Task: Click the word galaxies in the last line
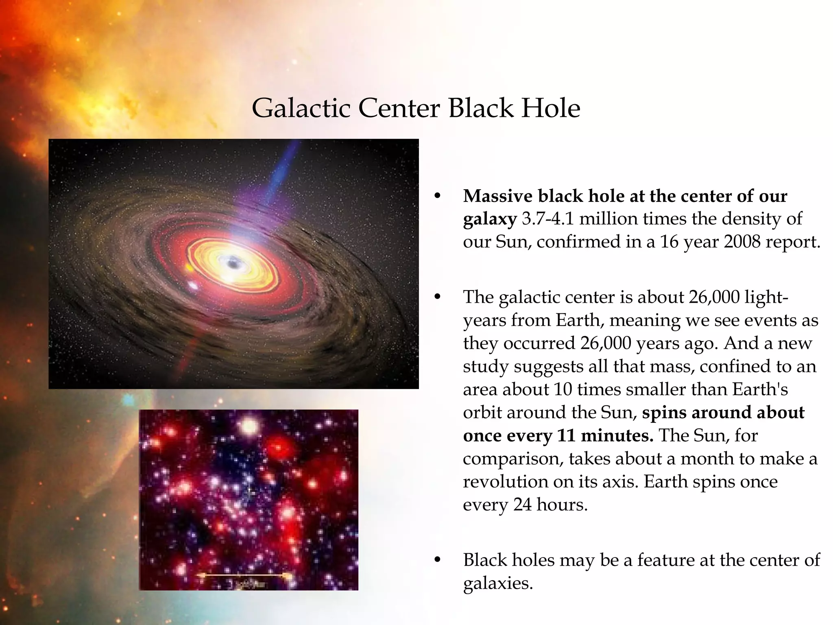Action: point(498,583)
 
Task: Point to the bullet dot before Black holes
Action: point(438,560)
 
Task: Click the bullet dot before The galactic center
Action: point(438,297)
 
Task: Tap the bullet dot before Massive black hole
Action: point(438,197)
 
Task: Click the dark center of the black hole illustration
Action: point(233,264)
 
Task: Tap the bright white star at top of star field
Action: point(249,426)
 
